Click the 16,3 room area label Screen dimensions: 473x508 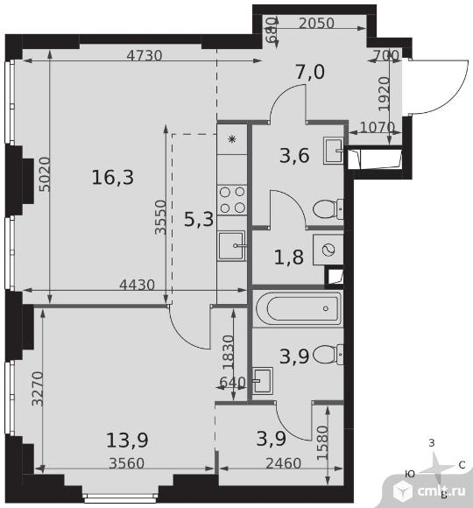pos(113,178)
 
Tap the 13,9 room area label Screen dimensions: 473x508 pos(127,440)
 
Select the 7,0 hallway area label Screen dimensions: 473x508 pos(310,72)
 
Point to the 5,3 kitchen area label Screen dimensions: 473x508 pos(199,219)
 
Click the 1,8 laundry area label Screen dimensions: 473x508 pos(289,258)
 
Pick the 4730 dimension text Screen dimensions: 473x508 pos(145,56)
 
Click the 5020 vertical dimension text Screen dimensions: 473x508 pos(45,174)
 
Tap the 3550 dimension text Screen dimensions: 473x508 pos(160,217)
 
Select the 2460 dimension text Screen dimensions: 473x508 pos(284,463)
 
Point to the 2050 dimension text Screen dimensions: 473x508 pos(316,24)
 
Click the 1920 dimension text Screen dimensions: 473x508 pos(385,94)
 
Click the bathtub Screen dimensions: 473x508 pos(299,309)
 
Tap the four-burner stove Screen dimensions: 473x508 pos(231,200)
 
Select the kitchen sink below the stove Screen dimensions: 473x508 pos(231,245)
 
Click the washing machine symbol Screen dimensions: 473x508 pos(328,250)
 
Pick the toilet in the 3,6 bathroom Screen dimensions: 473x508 pos(328,209)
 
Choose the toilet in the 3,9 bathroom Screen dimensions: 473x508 pos(328,355)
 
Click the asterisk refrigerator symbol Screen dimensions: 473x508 pos(232,139)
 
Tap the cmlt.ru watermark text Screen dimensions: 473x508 pos(441,491)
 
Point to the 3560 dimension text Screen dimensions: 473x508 pos(127,463)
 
